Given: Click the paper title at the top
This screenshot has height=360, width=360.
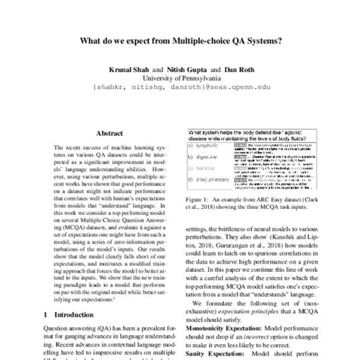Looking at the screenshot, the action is tap(180, 41).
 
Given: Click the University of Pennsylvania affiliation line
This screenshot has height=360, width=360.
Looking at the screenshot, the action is tap(180, 78).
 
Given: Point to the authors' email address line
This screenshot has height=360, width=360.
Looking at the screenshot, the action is tap(180, 88).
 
